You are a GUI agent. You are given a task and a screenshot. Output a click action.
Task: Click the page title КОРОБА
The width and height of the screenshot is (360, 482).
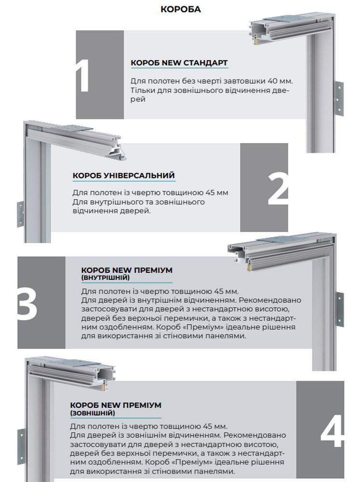(181, 9)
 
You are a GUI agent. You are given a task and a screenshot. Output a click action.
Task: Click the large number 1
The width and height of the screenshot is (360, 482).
(83, 75)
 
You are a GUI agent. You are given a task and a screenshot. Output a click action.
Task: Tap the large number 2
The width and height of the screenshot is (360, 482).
(278, 188)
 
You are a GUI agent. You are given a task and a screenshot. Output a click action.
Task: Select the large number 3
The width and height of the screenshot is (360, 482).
(27, 303)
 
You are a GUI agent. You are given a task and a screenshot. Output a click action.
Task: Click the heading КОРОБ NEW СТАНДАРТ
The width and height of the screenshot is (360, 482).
(179, 63)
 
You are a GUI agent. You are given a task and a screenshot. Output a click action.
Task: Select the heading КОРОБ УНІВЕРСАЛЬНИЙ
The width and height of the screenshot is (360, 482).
(123, 175)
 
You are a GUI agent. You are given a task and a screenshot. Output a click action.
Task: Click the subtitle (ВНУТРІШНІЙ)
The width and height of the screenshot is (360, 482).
(106, 278)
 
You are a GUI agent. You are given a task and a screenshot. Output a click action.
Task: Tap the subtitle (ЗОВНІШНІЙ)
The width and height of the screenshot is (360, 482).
(93, 413)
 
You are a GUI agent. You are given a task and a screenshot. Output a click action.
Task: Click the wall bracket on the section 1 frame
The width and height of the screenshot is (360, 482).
(338, 98)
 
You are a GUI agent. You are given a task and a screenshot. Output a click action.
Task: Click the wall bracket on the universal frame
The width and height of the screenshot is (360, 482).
(20, 214)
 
